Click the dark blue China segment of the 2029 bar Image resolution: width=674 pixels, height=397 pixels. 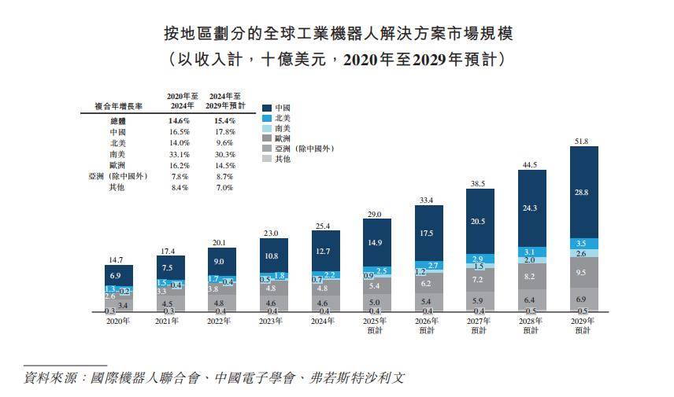(583, 192)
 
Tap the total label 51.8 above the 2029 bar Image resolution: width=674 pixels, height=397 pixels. (583, 142)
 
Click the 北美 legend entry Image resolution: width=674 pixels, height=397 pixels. (282, 117)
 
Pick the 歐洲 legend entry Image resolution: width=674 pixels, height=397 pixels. (282, 138)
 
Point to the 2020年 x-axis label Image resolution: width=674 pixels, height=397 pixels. (118, 321)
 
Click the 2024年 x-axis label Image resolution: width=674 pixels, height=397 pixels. (325, 321)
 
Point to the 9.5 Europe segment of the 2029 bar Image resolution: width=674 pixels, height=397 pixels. (583, 272)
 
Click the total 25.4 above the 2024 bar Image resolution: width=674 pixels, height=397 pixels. (325, 226)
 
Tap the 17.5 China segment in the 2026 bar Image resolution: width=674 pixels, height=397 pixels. (428, 233)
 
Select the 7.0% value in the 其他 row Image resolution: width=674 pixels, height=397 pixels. (225, 187)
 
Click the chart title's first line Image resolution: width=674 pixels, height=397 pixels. (336, 33)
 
